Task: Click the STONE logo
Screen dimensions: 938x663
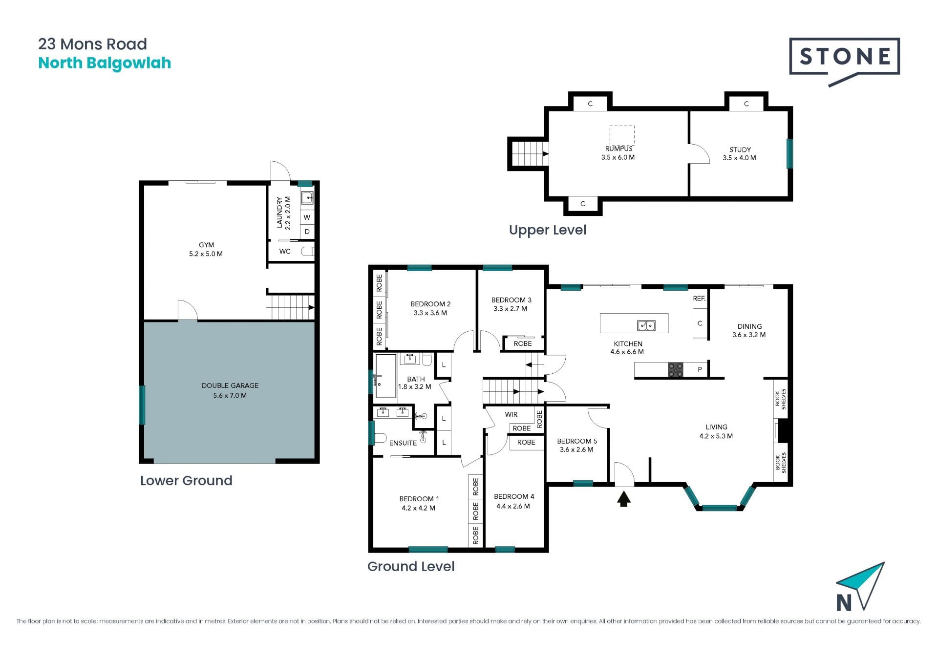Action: point(844,61)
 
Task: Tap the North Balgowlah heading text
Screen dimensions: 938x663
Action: point(105,64)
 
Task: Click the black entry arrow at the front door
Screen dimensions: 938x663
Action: point(624,499)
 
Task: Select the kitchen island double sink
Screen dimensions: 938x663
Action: point(646,325)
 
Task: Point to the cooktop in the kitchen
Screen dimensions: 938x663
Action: point(676,370)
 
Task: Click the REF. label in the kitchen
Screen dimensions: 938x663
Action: point(699,299)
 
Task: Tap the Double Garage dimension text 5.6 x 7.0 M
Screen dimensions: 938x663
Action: point(230,396)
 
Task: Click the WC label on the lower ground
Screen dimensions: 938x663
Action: point(285,252)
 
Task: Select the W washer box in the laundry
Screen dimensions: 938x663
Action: point(307,217)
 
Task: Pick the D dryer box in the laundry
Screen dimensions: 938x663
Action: point(307,232)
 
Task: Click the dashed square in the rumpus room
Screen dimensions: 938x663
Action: point(622,135)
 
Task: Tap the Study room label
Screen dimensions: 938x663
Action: point(740,150)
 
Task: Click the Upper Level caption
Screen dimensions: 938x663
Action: point(547,230)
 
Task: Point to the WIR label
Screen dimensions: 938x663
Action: point(511,414)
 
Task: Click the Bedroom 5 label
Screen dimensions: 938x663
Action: point(577,441)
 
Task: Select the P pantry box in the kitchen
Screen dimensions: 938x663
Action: point(700,370)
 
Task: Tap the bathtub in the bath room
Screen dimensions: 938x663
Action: point(386,376)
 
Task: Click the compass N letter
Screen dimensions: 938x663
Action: point(844,603)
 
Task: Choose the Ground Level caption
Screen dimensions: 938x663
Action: point(411,567)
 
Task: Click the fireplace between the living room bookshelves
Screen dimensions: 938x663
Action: point(782,430)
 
